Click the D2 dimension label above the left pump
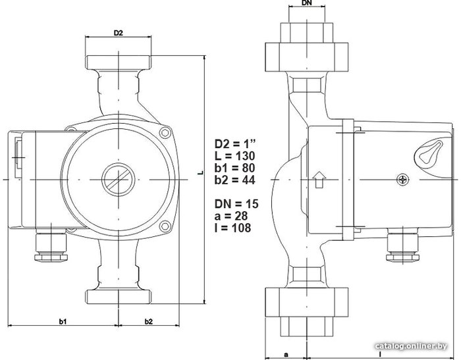point(118,33)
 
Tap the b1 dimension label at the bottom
point(63,322)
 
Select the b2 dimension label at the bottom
point(148,322)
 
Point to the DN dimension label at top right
point(307,3)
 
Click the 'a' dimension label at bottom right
point(286,355)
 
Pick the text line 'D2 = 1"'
point(235,144)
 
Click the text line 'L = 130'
point(234,156)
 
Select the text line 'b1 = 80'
point(234,168)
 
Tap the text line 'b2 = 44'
point(234,180)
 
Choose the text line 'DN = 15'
point(236,203)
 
